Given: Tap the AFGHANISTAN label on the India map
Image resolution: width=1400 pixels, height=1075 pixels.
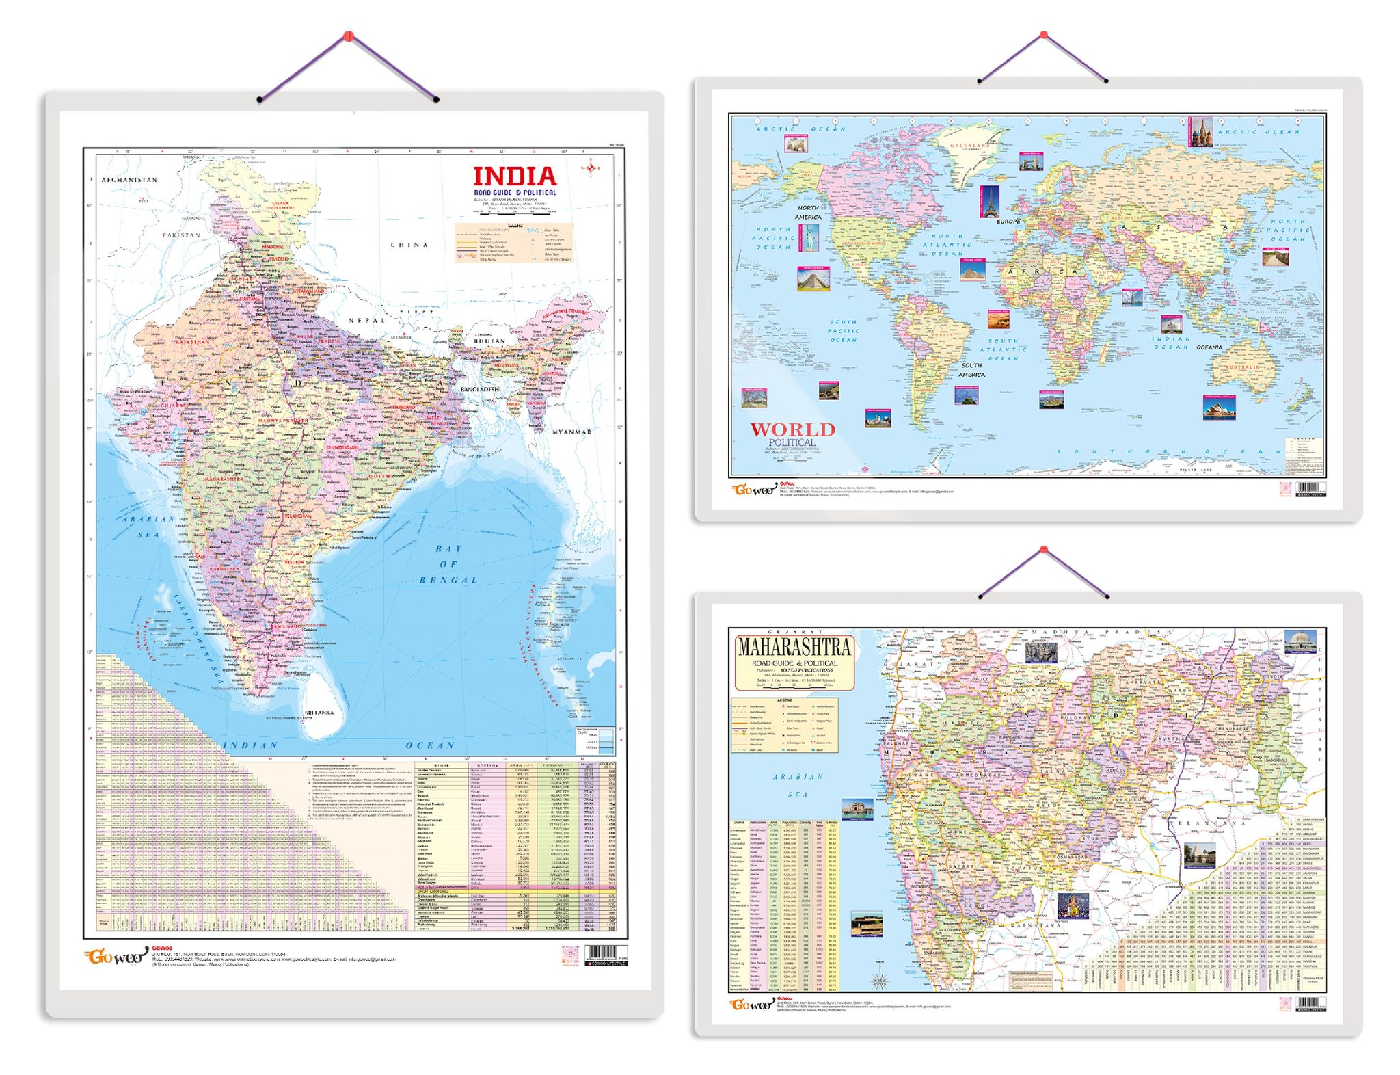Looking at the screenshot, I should click(x=129, y=180).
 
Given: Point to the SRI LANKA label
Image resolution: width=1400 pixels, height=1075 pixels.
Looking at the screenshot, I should click(x=319, y=712).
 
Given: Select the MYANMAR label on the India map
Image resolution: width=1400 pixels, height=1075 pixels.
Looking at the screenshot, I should click(x=571, y=432).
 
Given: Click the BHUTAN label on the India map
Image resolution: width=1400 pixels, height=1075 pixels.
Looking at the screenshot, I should click(x=489, y=340).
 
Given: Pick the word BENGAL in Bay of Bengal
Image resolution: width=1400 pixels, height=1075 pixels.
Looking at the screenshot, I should click(x=448, y=580).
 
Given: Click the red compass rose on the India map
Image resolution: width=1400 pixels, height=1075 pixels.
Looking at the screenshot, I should click(x=591, y=167).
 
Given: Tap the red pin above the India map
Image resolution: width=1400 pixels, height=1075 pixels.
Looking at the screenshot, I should click(x=348, y=35).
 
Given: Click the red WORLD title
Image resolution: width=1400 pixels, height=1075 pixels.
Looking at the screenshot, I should click(x=792, y=429).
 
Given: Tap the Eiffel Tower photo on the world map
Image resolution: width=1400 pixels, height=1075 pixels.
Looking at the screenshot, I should click(x=989, y=202).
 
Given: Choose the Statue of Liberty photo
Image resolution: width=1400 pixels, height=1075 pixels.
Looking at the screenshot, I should click(x=808, y=239).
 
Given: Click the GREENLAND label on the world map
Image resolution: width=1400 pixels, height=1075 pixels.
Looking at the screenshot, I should click(x=969, y=146).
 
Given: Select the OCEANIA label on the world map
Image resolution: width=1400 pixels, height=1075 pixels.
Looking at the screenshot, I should click(x=1209, y=347).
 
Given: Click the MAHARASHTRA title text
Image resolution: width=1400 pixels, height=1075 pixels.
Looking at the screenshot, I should click(x=794, y=647).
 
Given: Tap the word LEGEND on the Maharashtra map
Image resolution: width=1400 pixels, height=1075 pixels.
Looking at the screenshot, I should click(x=784, y=701).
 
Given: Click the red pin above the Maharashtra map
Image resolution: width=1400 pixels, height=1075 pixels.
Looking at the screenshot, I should click(x=1043, y=550).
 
